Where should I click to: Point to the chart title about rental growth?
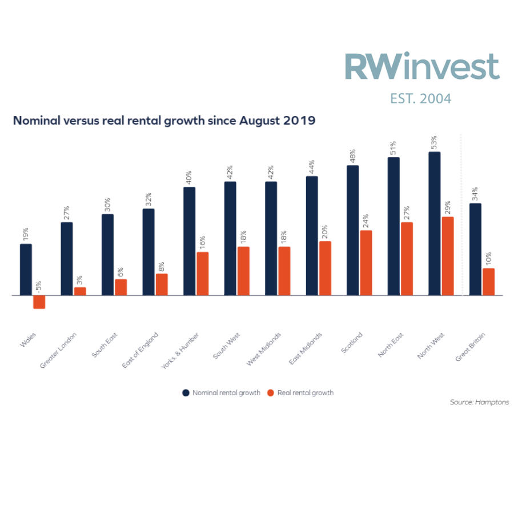pos(164,121)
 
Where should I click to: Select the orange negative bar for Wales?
pos(39,302)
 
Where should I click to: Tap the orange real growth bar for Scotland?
pos(366,263)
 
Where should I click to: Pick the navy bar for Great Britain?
pos(475,250)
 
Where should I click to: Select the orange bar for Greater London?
pos(80,291)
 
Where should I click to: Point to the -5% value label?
pos(39,286)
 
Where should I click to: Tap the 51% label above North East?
pos(393,148)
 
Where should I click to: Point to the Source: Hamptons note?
pos(479,403)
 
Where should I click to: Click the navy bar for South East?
pos(107,255)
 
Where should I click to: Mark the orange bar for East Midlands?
pos(325,268)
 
